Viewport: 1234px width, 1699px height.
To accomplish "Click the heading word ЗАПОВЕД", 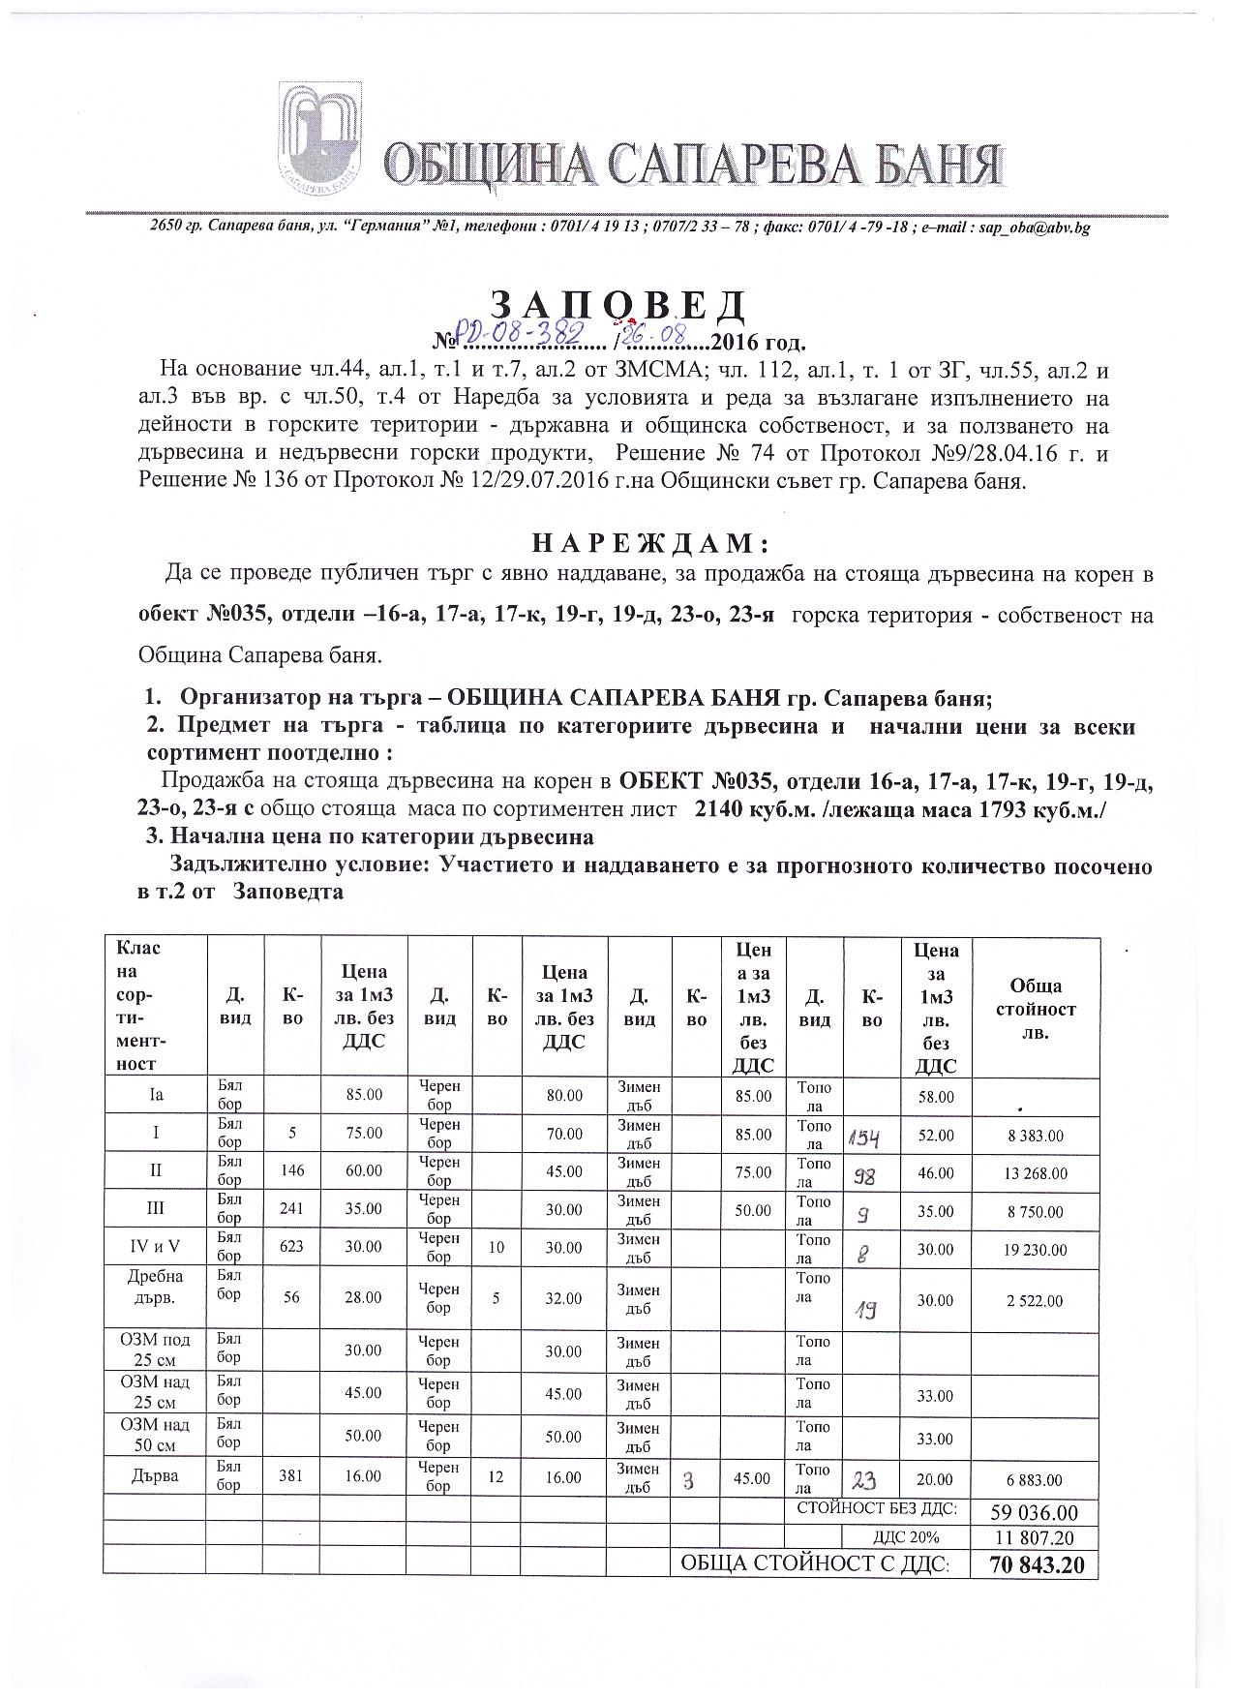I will point(618,306).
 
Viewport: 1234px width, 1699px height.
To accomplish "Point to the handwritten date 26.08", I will point(660,337).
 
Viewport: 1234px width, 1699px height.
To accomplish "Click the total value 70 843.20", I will point(1035,1564).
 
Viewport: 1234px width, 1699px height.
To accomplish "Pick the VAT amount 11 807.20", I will point(1035,1538).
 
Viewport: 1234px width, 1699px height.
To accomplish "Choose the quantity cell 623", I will point(291,1247).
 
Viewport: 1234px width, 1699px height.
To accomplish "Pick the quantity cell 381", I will point(291,1477).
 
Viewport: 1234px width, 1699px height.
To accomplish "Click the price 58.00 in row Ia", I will point(935,1097).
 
